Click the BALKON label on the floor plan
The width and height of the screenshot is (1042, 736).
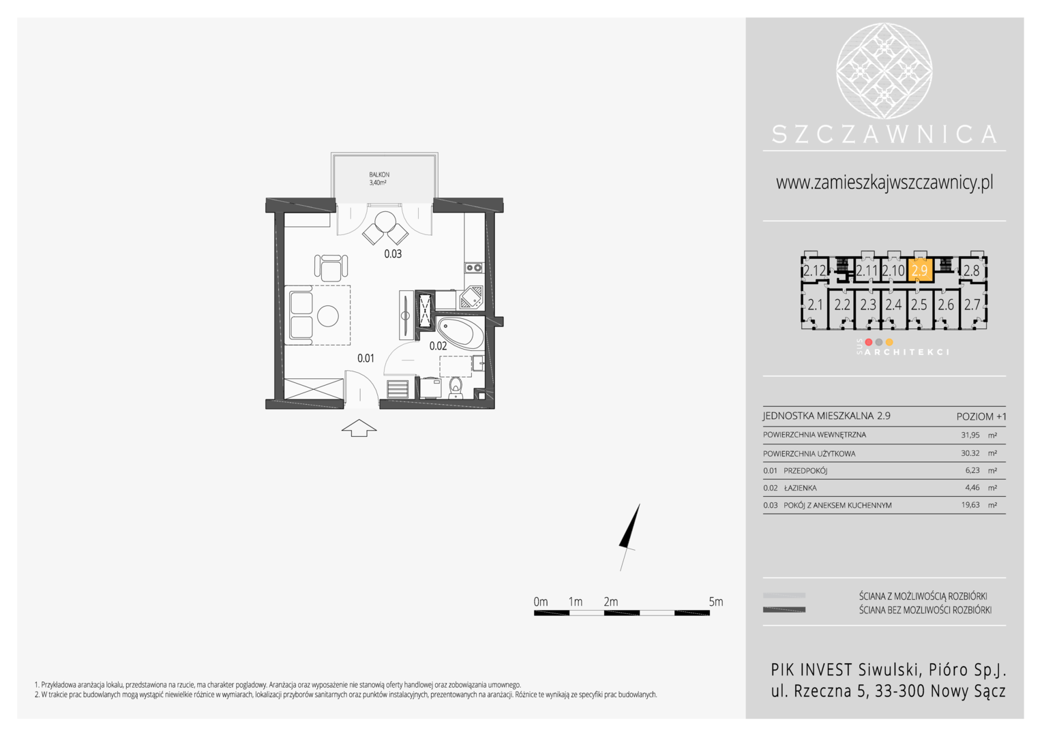(x=379, y=175)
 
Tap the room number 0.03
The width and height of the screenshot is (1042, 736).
(x=393, y=254)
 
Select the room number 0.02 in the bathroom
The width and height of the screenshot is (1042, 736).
(x=438, y=346)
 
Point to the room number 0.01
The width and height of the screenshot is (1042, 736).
(x=366, y=358)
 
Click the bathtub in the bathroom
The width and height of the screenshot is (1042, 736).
(x=460, y=333)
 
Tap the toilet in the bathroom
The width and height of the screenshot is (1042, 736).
(x=456, y=388)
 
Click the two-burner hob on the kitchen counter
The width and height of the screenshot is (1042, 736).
(x=473, y=268)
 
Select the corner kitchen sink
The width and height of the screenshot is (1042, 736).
(x=472, y=298)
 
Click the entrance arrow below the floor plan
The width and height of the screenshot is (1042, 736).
(x=359, y=428)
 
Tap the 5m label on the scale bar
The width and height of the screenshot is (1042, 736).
(x=716, y=602)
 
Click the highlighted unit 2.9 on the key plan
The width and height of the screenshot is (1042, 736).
(x=920, y=270)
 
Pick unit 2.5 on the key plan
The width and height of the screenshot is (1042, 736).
(x=919, y=305)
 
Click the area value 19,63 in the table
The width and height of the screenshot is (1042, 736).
(x=970, y=505)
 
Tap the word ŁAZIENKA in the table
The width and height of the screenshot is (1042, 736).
(x=800, y=488)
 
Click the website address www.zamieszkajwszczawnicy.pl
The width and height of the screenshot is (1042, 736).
(x=884, y=182)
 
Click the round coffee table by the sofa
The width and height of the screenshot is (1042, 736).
(x=328, y=316)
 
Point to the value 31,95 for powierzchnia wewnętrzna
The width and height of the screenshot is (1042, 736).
(x=970, y=435)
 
